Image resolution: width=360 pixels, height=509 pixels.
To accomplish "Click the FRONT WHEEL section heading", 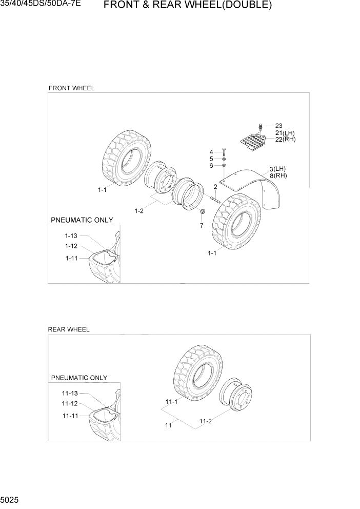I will coord(71,88).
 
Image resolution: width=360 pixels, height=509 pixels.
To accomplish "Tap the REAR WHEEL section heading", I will coord(69,329).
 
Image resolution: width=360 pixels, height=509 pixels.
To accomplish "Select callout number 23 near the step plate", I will coord(278,126).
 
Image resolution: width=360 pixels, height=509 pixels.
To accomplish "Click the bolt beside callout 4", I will coord(224,152).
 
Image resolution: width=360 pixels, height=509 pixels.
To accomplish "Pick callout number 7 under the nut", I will coord(201,225).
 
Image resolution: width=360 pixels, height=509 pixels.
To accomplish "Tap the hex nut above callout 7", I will coord(202,213).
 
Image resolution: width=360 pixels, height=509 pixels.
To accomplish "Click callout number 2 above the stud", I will coord(215,187).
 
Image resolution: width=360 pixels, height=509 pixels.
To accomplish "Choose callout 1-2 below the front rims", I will coord(139,211).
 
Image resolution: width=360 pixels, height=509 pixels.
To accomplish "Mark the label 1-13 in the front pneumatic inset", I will coord(71,236).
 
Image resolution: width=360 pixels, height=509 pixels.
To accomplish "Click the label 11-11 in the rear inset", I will coord(70,415).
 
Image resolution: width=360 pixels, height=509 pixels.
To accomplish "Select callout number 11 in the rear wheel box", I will coord(168,425).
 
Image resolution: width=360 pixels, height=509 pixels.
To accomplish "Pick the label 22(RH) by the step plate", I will coord(285,139).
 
